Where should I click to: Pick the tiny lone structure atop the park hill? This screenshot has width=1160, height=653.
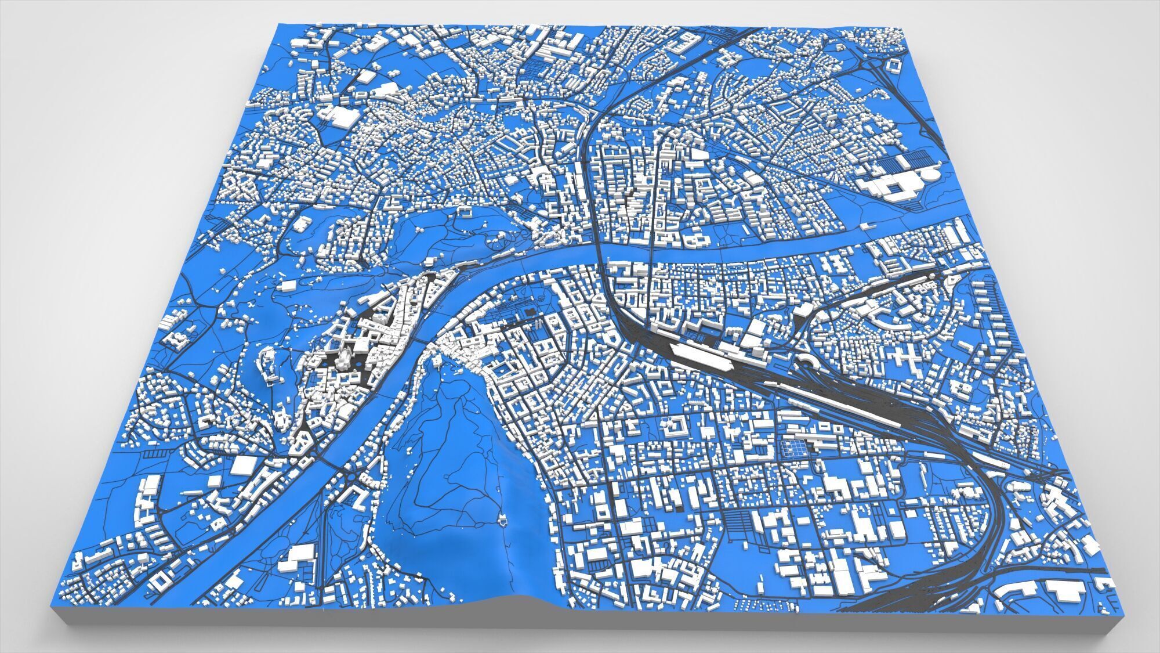click(x=502, y=521)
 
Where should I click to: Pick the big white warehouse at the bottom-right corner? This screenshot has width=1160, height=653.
click(x=1066, y=590)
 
